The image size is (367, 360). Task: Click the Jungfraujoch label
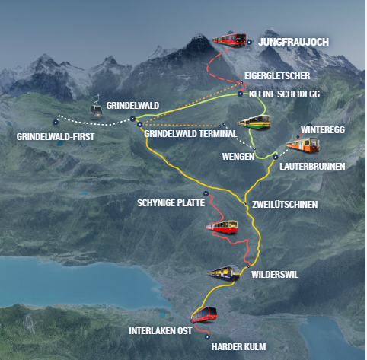click(293, 42)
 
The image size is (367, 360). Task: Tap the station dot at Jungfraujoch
click(249, 42)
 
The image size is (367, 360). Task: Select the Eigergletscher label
click(277, 76)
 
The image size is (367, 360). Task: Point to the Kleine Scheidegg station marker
click(240, 94)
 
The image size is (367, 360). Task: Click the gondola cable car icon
click(96, 107)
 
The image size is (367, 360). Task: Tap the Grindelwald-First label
click(56, 137)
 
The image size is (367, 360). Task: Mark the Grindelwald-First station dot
click(56, 123)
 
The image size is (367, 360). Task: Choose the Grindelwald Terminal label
click(190, 134)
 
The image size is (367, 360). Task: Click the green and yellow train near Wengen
click(254, 123)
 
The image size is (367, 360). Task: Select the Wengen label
click(238, 157)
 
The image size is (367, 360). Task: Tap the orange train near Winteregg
click(303, 145)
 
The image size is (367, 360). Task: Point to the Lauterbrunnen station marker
click(276, 157)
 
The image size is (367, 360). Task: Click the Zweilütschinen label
click(285, 205)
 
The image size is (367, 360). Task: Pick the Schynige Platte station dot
click(206, 193)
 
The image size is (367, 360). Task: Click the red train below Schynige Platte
click(222, 227)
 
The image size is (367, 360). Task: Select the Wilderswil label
click(275, 275)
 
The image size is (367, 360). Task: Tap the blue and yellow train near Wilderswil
click(224, 273)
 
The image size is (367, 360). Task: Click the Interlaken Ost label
click(161, 331)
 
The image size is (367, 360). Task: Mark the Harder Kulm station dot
click(207, 337)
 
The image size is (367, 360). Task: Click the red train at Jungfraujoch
click(229, 40)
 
